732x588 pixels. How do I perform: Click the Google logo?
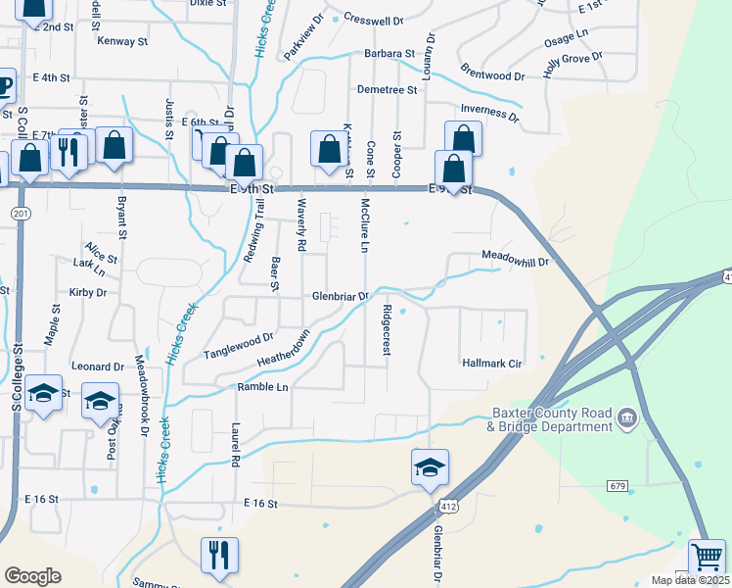pyautogui.click(x=32, y=576)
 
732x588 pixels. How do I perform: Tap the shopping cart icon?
pyautogui.click(x=707, y=557)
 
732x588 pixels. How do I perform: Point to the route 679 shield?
pyautogui.click(x=616, y=486)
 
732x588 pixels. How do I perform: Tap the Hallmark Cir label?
pyautogui.click(x=495, y=364)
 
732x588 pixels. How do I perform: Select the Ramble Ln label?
pyautogui.click(x=262, y=387)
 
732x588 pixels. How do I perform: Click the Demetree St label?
pyautogui.click(x=388, y=89)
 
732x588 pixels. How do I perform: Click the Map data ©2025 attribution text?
pyautogui.click(x=690, y=580)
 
